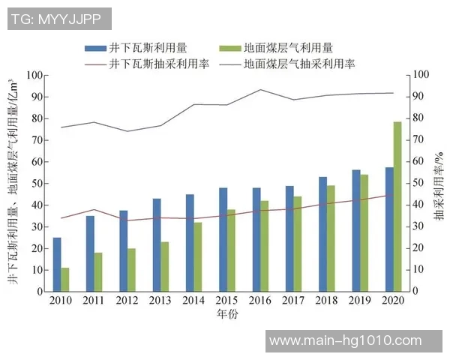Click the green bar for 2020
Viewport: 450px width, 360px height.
[397, 206]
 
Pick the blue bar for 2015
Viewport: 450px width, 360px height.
[223, 239]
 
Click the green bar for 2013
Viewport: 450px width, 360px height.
[165, 266]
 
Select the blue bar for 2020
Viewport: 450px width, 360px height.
[389, 229]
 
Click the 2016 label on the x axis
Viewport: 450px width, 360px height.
[260, 301]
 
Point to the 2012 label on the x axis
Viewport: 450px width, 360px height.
[127, 301]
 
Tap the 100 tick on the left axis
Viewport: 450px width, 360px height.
[34, 75]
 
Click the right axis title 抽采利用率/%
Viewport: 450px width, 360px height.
[437, 184]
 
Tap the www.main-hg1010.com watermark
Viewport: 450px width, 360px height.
[345, 340]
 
